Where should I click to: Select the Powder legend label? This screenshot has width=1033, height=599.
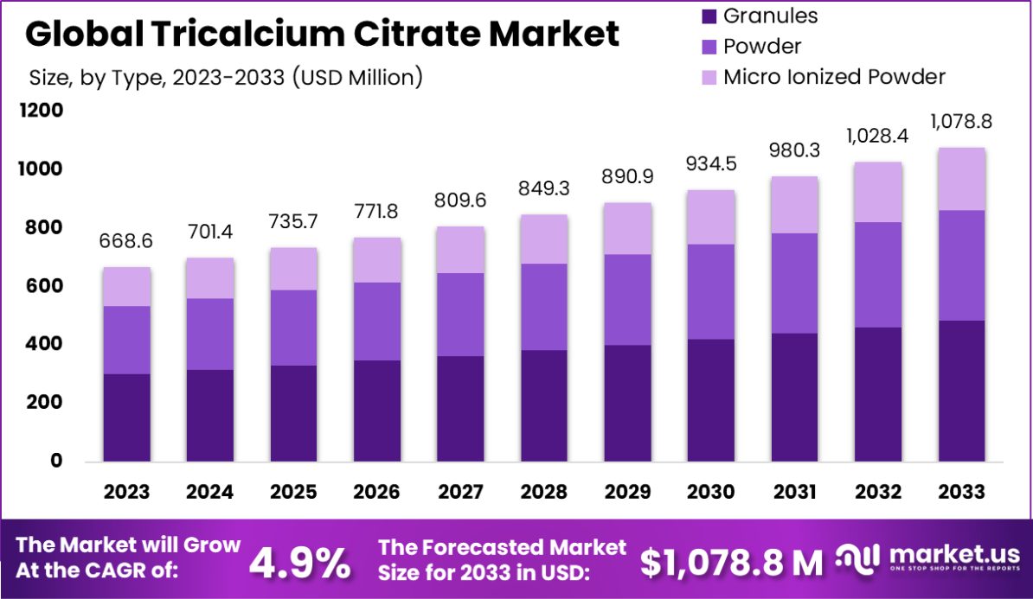pos(762,46)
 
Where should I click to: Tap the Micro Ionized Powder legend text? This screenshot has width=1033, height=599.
pos(834,76)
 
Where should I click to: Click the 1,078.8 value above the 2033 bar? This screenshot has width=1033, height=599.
pos(961,122)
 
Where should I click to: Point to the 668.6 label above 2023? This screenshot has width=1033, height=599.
pos(126,242)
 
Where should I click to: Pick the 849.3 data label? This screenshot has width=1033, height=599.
pos(544,188)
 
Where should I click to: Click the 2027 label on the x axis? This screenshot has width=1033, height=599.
pos(460,492)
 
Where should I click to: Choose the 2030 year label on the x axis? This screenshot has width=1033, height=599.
pos(711,492)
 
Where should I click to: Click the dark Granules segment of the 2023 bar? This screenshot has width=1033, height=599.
pos(126,417)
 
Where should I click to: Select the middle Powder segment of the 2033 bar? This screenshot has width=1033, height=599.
pos(961,265)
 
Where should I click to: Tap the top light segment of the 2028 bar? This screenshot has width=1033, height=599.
pos(544,239)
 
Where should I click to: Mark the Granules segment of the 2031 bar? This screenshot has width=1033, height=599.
pos(794,397)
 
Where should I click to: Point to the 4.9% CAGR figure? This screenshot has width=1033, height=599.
pos(300,564)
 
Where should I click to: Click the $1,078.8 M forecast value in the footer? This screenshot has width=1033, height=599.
pos(732,564)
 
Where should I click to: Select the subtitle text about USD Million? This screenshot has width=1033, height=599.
pos(226,77)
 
